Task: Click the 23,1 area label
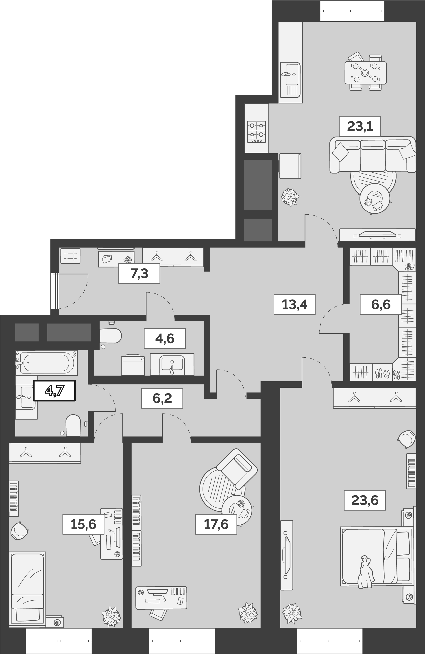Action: (x=360, y=126)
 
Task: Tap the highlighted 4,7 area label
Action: (x=54, y=391)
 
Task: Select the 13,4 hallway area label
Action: (x=294, y=304)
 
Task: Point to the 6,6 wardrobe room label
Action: (x=380, y=304)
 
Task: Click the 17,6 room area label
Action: (x=216, y=524)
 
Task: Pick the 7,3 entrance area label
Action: (x=139, y=274)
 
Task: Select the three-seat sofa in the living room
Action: (x=373, y=155)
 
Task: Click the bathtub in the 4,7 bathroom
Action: (x=46, y=363)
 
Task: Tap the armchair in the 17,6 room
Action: (x=237, y=467)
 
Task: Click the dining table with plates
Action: (x=365, y=73)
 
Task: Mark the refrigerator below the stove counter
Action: (x=290, y=166)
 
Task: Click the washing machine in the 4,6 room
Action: (x=133, y=365)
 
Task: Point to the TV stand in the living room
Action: (x=377, y=235)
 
